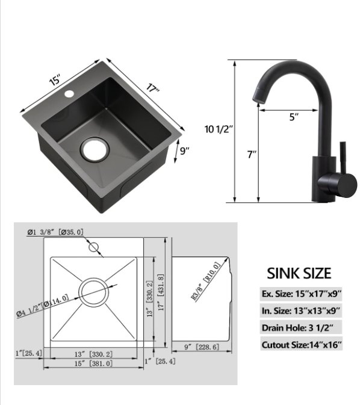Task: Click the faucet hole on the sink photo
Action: tap(69, 93)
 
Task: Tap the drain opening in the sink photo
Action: tap(95, 150)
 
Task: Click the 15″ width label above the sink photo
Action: tap(55, 79)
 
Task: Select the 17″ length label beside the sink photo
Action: tap(152, 88)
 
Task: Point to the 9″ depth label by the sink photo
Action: tap(185, 150)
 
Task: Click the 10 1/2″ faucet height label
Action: tap(219, 129)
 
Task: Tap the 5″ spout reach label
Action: tap(294, 117)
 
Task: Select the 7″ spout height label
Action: tap(252, 154)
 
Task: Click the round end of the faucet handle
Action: tap(347, 185)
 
